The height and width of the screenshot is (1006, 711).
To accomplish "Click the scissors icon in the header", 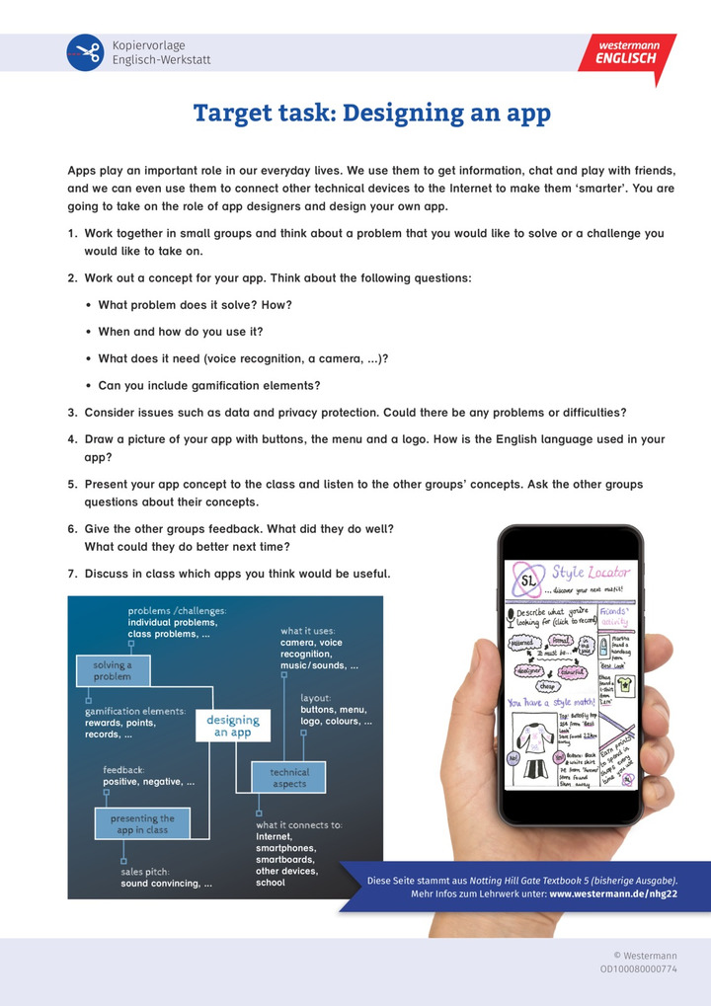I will tap(85, 52).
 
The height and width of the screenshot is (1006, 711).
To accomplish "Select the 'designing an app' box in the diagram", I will tap(233, 726).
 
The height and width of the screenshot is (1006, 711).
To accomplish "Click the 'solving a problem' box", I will tap(112, 670).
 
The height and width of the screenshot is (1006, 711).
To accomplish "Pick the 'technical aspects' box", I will tap(288, 778).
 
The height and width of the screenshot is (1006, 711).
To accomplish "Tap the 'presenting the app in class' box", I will tap(141, 824).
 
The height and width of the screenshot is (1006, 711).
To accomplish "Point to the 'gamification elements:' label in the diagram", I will tap(135, 711).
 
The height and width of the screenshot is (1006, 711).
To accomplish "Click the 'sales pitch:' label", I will tap(145, 872).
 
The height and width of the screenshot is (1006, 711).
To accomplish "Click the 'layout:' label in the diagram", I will tap(316, 697).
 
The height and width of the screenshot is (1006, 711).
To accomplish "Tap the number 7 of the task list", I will tap(72, 574).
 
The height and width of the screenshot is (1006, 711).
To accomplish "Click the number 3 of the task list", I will tap(72, 412).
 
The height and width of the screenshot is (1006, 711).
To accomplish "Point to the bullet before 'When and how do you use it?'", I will tap(89, 332).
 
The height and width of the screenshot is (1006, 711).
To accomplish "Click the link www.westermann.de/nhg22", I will tap(612, 894).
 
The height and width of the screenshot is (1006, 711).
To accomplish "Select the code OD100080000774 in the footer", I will tap(638, 969).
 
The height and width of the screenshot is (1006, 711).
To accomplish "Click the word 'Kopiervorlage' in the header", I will tap(148, 45).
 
